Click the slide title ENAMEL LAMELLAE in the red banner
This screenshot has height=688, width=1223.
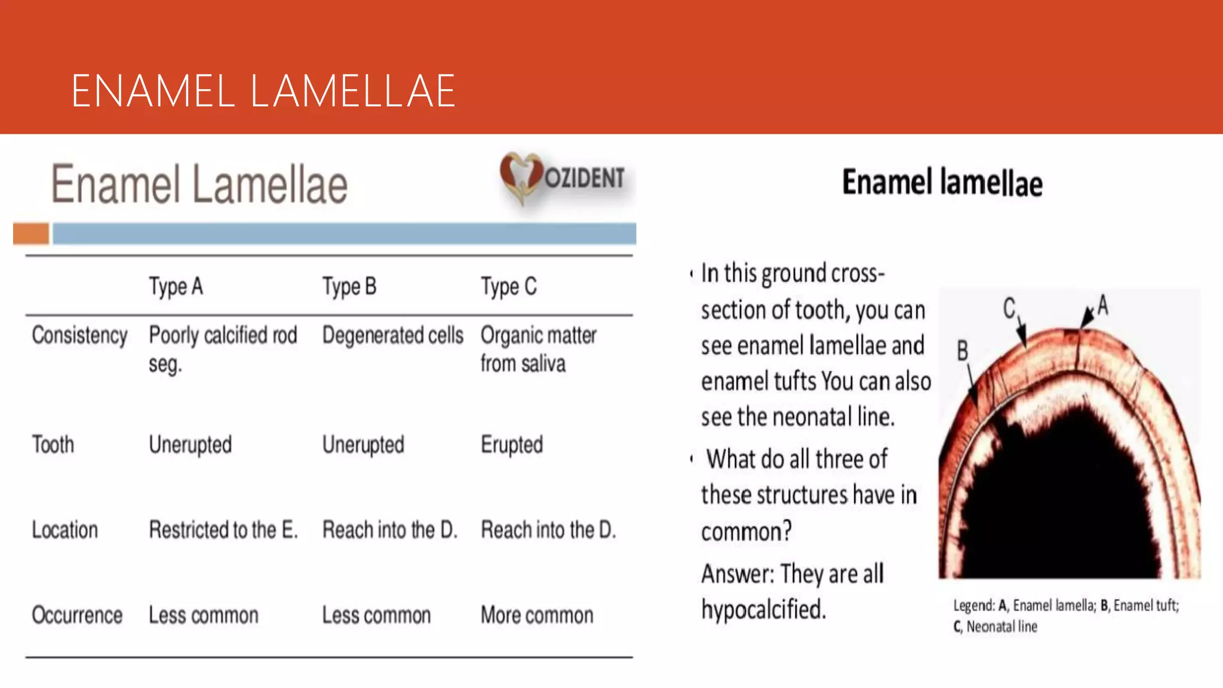(263, 91)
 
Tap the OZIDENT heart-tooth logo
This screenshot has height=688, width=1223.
(521, 177)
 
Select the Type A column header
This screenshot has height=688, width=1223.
(176, 287)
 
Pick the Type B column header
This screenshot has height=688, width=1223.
(349, 287)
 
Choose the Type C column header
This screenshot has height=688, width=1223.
(509, 287)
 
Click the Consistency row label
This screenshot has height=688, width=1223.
(79, 336)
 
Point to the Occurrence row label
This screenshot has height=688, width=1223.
(77, 615)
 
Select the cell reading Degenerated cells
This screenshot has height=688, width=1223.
(392, 336)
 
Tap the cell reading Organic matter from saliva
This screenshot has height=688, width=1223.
(537, 349)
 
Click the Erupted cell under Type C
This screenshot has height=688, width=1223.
(512, 445)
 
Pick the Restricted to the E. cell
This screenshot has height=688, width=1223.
(223, 530)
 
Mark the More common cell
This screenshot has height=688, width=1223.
(537, 615)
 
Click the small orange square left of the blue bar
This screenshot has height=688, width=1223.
(31, 234)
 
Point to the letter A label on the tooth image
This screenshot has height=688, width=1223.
(1102, 305)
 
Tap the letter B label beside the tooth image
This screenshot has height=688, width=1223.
(962, 351)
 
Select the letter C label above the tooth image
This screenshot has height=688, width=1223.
(1009, 308)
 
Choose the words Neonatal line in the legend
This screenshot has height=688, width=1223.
(1001, 626)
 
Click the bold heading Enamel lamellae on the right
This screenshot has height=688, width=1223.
(942, 183)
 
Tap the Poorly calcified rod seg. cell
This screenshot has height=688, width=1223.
(222, 349)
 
